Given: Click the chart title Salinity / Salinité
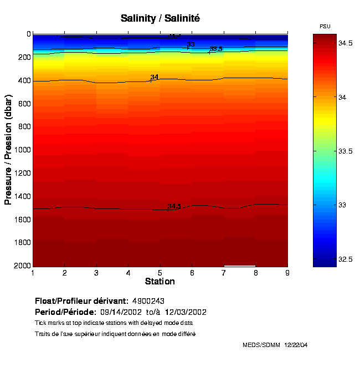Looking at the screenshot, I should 160,18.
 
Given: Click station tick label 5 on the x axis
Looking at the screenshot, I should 160,273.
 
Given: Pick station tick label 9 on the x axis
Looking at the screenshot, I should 287,273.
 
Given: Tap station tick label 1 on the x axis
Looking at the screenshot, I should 33,273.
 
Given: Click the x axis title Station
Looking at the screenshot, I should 160,282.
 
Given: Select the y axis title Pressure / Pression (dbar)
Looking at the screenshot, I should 8,150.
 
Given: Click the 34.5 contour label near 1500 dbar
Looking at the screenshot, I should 174,206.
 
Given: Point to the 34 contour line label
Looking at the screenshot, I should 155,78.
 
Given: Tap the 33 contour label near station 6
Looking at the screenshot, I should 191,44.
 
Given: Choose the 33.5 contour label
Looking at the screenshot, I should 216,49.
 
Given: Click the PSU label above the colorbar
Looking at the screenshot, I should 325,27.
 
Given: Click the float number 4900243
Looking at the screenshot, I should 148,301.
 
